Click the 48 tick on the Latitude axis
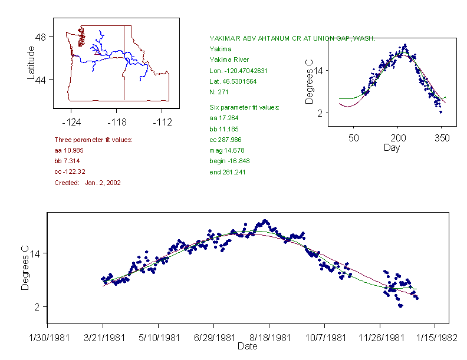[41, 37]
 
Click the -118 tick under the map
[116, 122]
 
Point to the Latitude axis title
[31, 63]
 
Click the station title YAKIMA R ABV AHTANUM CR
[292, 38]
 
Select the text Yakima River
[229, 60]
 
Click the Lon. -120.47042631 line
[238, 71]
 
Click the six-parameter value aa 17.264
[225, 118]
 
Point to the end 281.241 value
[228, 172]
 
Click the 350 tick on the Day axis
[442, 138]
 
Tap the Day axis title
[392, 147]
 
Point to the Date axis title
[247, 346]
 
